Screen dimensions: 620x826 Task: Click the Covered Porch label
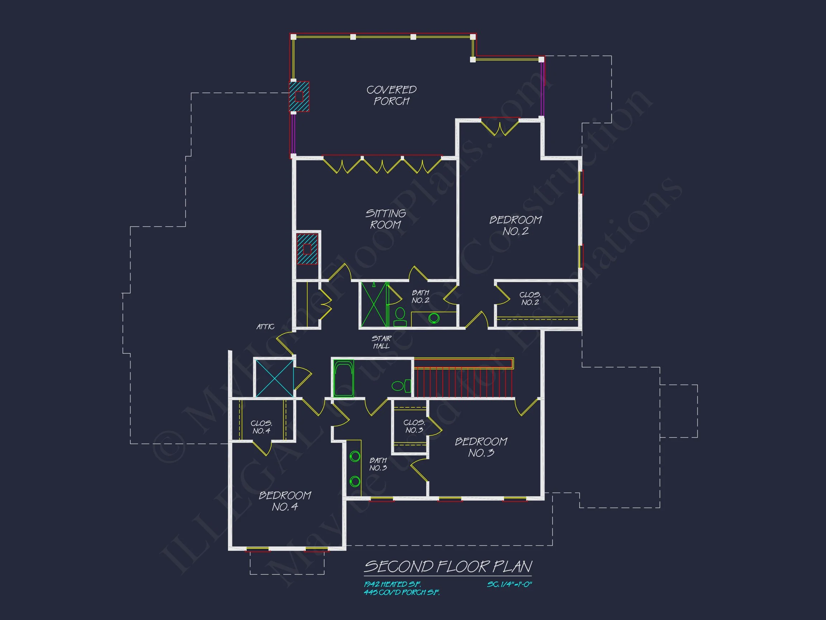tap(391, 95)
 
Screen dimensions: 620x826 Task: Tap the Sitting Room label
tap(385, 219)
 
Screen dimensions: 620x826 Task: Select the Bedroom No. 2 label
tap(515, 225)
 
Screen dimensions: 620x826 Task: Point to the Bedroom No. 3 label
tap(481, 447)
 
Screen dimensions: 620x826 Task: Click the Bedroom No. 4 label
tap(285, 501)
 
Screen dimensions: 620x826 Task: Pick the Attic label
tap(265, 327)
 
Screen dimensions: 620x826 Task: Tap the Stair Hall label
tap(381, 342)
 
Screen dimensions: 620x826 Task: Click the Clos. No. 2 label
tap(530, 299)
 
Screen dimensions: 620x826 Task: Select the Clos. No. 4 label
tap(261, 427)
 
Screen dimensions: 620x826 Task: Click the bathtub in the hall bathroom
tap(343, 378)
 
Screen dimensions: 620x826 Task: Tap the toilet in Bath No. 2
tap(400, 316)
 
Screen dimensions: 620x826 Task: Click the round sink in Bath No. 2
tap(433, 318)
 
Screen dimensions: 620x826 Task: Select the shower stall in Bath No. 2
tap(374, 305)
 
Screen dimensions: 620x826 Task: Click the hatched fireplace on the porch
tap(299, 97)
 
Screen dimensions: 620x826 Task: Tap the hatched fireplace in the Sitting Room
tap(307, 249)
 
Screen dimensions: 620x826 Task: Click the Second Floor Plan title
tap(448, 567)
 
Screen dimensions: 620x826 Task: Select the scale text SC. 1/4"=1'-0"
tap(509, 584)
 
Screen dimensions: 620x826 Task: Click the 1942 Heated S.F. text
tap(392, 584)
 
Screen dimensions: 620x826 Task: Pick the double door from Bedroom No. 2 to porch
tap(499, 126)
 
